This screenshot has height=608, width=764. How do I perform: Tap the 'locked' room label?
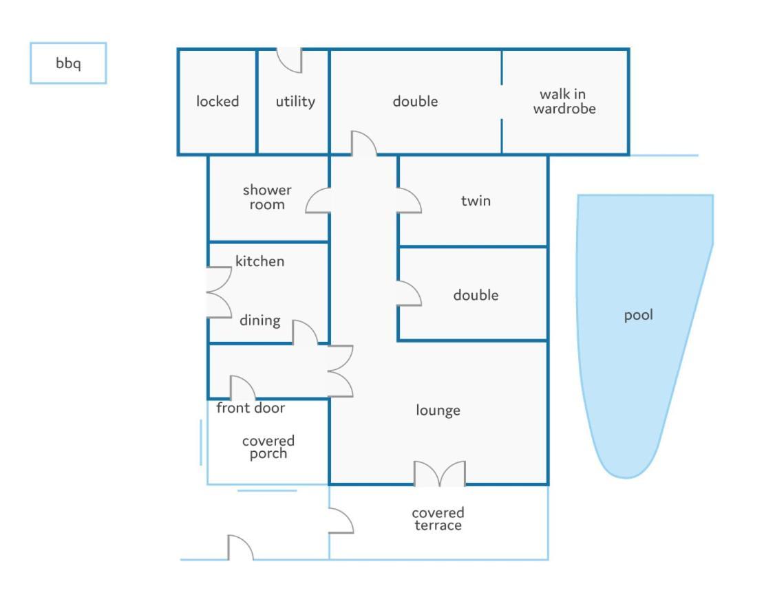pos(217,101)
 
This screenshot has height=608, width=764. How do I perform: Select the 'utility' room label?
pos(295,101)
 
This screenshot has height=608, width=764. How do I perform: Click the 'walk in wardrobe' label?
pos(564,101)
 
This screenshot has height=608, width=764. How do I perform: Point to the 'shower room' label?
pos(267,197)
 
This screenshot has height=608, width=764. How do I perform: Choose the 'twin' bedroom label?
pos(476,201)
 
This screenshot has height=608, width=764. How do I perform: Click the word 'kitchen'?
pos(259,261)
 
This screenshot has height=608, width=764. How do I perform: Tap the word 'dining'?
pos(259,321)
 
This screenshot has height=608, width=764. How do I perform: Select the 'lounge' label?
pos(438,411)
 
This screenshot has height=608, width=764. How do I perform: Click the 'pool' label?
pos(638,316)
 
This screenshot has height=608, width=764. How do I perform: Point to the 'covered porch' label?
pos(268,447)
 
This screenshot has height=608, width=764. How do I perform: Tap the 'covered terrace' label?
pos(438,519)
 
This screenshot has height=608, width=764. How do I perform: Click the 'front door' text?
pos(251,407)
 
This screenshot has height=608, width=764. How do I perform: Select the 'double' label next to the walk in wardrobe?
pos(415,101)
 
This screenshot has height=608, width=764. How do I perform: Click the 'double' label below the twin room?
pos(476,295)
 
